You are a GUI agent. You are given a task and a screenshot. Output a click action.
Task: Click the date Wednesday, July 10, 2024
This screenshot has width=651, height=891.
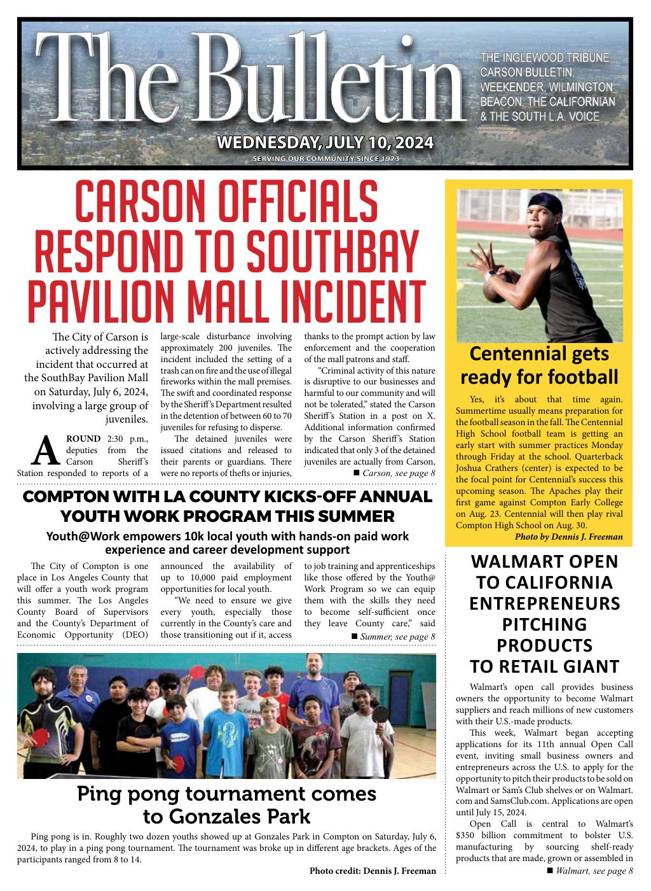tap(325, 142)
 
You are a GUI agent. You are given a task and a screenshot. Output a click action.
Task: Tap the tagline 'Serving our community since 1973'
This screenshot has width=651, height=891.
tap(325, 158)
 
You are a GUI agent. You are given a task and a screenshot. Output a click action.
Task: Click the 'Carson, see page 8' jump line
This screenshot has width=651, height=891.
tap(393, 474)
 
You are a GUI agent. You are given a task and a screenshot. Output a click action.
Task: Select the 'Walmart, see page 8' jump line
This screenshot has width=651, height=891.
tap(590, 871)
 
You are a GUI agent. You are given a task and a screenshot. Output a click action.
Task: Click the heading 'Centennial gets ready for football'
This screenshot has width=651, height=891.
tap(539, 365)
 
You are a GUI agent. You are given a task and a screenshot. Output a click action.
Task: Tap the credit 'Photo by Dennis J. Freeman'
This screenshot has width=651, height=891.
tap(568, 537)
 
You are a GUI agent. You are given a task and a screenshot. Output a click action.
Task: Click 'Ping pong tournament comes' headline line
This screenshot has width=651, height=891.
tap(227, 794)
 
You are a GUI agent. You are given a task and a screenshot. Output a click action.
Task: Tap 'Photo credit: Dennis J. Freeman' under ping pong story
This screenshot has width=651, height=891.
tap(373, 871)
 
